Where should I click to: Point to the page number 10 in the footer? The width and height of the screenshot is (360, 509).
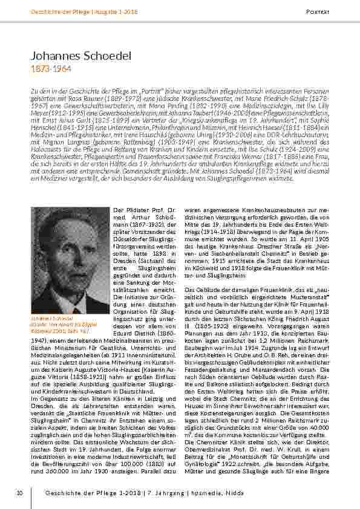click(19, 494)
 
